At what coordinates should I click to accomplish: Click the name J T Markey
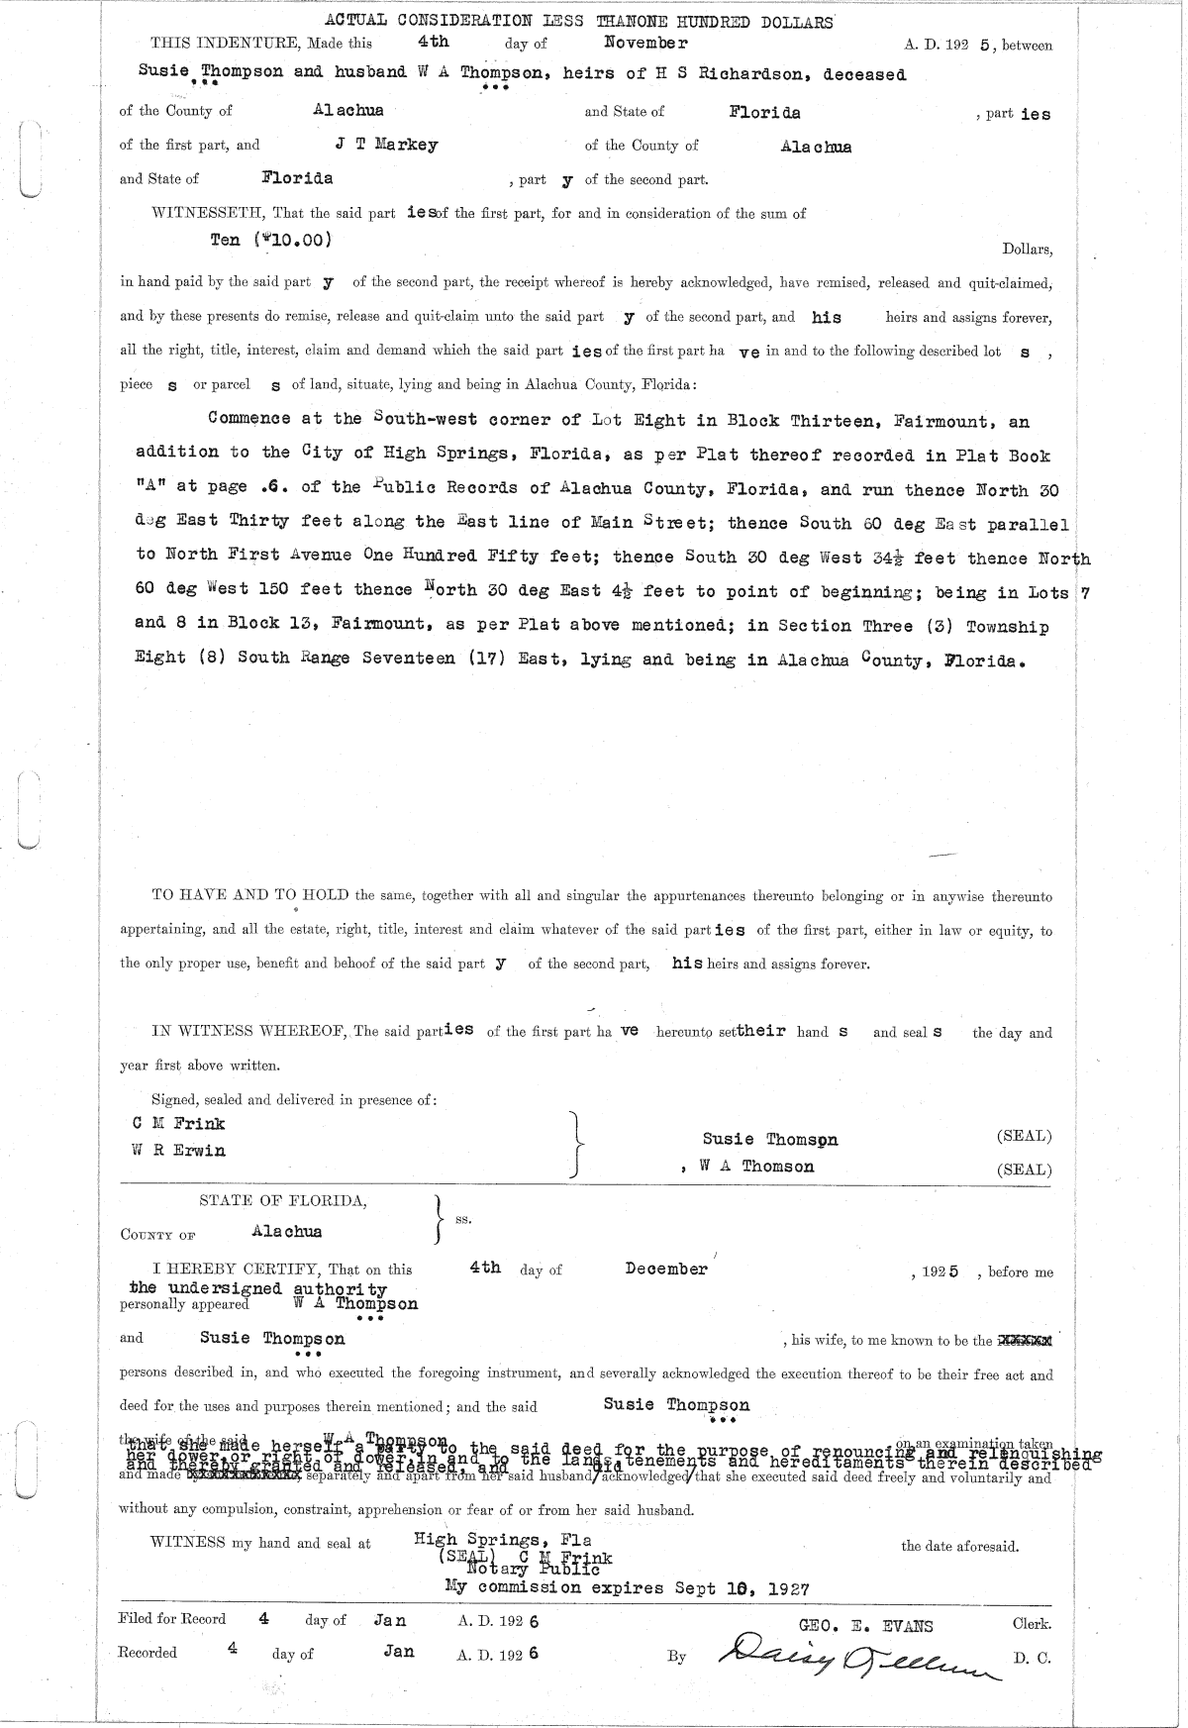(386, 145)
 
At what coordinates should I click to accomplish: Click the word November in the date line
(645, 43)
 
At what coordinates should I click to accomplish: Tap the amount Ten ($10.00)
(271, 240)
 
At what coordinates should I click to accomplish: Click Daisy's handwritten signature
(845, 1652)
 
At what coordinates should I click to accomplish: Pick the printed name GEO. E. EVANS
(865, 1625)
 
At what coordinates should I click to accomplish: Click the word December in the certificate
(666, 1269)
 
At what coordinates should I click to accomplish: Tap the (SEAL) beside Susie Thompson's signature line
(1024, 1137)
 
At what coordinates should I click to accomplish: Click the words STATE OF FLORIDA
(283, 1201)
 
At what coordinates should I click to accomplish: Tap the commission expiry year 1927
(786, 1588)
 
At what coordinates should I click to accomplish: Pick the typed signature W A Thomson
(756, 1167)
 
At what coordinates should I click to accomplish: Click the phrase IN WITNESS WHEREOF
(247, 1032)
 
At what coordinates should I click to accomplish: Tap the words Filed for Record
(171, 1619)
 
